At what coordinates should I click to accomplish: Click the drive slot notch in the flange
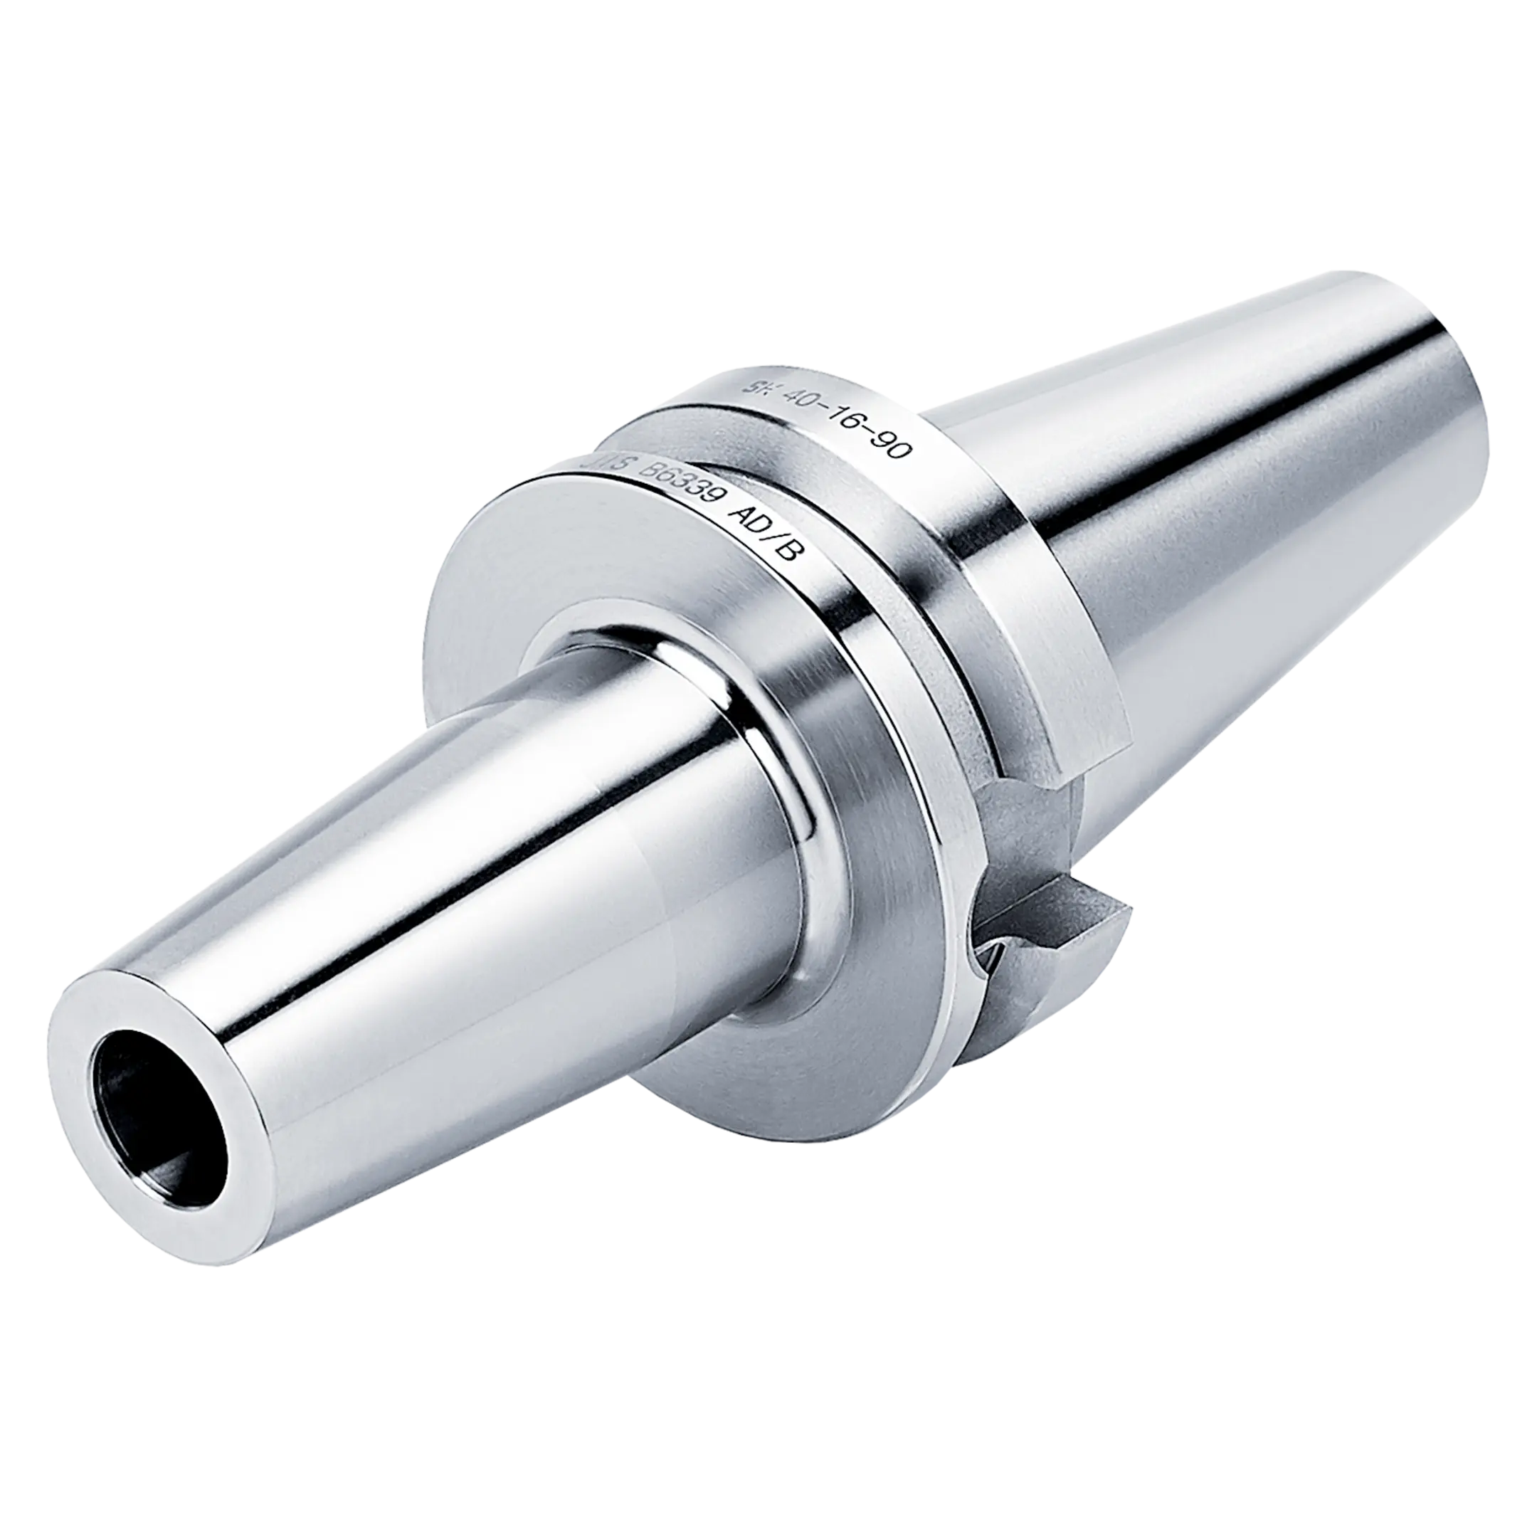1026,843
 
